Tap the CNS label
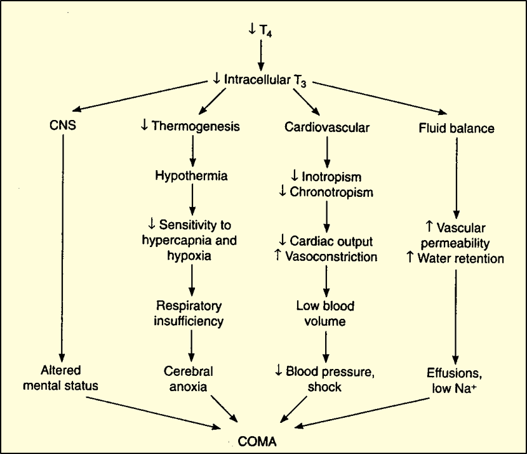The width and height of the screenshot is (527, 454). click(x=62, y=126)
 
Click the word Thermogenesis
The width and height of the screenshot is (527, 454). click(x=196, y=126)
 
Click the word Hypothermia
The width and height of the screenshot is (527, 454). click(x=190, y=175)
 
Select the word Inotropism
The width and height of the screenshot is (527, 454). click(x=331, y=176)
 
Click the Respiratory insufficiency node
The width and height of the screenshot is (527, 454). click(x=189, y=314)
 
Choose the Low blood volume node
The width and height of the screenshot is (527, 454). click(x=326, y=314)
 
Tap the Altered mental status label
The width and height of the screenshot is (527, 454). click(x=62, y=378)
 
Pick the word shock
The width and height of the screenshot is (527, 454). click(x=326, y=387)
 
